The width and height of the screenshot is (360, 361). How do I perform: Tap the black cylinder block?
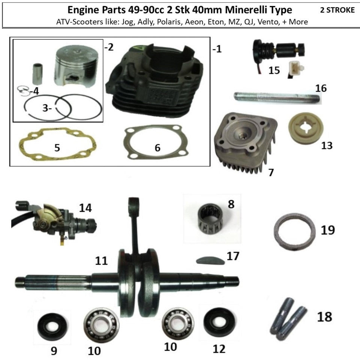click(x=154, y=81)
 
